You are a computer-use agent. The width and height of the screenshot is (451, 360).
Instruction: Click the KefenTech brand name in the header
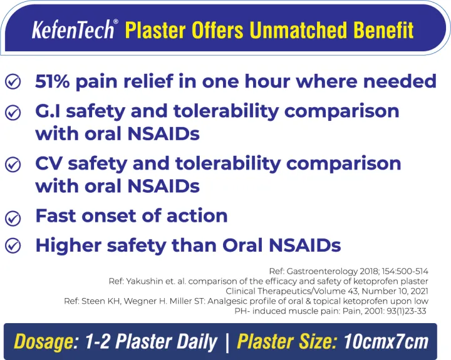tap(73, 29)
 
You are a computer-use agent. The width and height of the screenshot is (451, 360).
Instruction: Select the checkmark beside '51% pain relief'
tap(13, 81)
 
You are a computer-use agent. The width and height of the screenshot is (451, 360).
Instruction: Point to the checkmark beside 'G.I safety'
tap(13, 112)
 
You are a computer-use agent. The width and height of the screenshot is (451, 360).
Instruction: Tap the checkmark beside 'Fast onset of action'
tap(13, 217)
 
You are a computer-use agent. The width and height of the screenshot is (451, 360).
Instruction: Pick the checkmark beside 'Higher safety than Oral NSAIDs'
tap(13, 245)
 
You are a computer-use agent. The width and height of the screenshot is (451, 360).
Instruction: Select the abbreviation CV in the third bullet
tap(49, 163)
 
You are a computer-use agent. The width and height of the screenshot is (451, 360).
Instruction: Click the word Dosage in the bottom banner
tap(41, 342)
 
